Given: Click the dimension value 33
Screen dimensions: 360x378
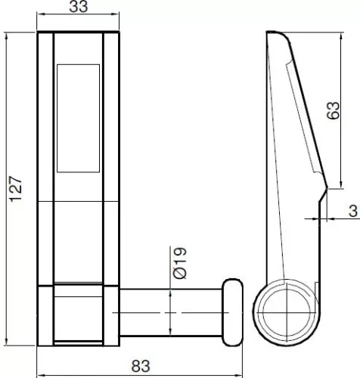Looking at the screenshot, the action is (x=79, y=7).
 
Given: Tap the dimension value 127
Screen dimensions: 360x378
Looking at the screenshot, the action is (x=16, y=189).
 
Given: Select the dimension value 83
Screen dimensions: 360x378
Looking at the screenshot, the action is (x=141, y=366).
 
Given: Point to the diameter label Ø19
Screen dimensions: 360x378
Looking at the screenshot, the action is (x=180, y=263).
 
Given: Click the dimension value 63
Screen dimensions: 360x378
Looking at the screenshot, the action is (x=333, y=110).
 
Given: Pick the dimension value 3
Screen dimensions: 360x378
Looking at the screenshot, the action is (x=353, y=211).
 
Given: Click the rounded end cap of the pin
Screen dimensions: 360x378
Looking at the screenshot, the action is (x=232, y=312).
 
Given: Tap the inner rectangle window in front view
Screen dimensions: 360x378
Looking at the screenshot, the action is (x=79, y=118).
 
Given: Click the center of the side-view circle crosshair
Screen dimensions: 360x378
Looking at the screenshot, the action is (x=287, y=313).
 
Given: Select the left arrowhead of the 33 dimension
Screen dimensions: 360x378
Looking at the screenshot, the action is (x=40, y=14).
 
